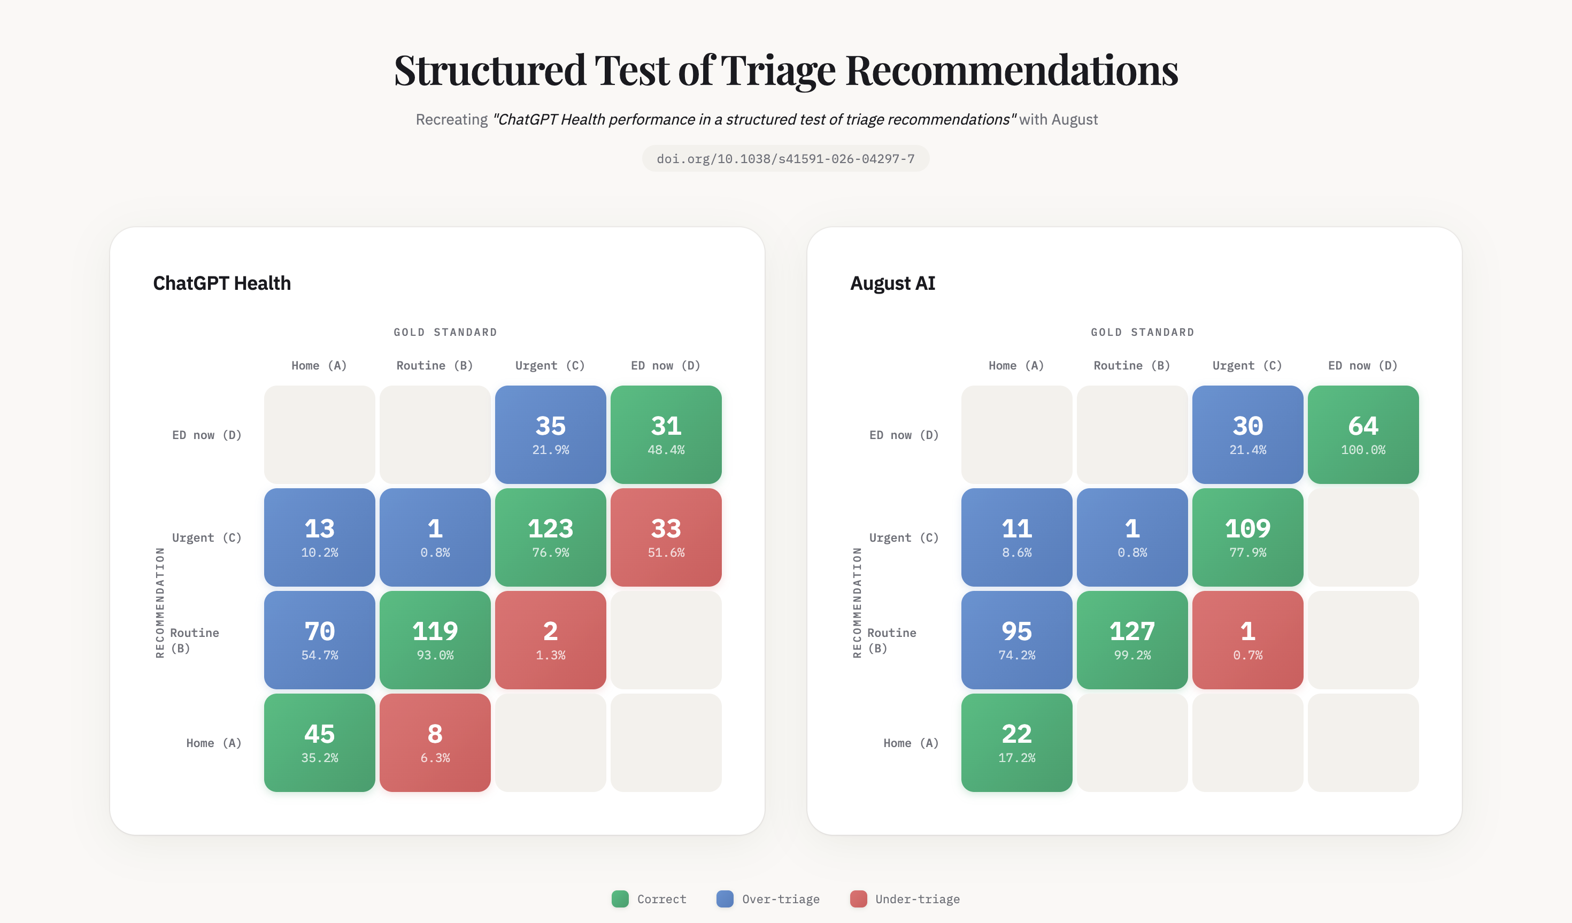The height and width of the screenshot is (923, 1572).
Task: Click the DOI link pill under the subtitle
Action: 785,158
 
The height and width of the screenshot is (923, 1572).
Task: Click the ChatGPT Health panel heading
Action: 221,283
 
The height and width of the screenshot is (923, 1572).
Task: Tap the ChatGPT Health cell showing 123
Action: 550,537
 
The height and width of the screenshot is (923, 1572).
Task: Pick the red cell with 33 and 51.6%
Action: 666,537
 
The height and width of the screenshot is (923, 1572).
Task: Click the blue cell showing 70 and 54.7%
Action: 319,640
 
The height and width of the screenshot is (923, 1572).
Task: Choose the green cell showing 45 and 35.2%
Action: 319,742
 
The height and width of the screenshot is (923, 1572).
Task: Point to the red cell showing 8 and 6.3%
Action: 435,742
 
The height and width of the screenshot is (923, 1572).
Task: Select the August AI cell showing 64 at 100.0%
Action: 1363,434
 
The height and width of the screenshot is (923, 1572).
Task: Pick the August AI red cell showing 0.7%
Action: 1247,640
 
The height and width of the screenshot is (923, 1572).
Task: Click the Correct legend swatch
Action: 620,898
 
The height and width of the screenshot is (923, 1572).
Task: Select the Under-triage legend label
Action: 917,898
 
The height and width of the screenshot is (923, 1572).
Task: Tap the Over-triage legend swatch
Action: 725,898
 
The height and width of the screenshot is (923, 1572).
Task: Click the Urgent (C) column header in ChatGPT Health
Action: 550,366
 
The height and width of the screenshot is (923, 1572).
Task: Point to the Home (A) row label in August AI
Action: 910,743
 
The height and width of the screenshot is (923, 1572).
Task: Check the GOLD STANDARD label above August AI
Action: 1142,332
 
